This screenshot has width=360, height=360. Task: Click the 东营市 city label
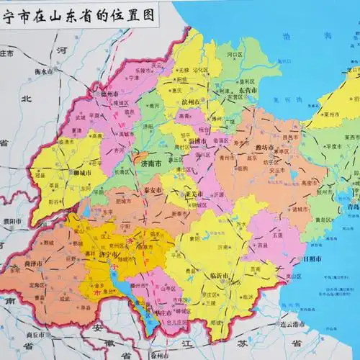[x=248, y=100]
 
